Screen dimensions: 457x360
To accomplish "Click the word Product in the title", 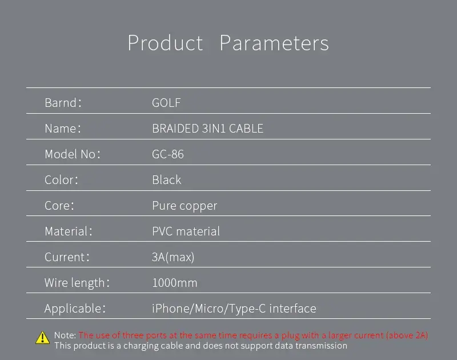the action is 165,43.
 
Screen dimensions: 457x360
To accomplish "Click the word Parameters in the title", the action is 274,43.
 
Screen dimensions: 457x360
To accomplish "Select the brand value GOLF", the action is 166,103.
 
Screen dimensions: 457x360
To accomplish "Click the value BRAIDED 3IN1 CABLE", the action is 207,128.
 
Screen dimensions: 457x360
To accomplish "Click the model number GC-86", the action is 167,154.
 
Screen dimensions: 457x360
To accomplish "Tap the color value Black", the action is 166,179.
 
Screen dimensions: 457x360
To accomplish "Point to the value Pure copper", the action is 185,206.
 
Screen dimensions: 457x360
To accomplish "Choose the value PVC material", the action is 186,231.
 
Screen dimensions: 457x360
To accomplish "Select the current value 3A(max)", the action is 173,257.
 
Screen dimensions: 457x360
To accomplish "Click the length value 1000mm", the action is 175,283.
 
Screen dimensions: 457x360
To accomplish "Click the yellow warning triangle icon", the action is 42,338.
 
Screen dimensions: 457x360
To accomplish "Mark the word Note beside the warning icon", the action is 65,335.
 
